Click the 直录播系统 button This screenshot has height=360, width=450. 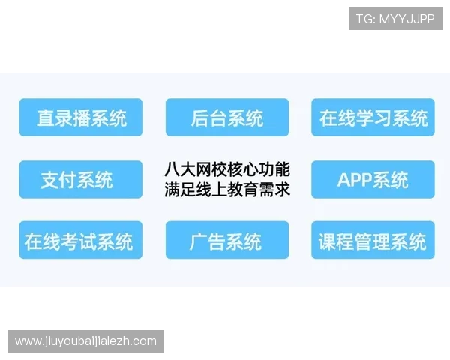[81, 118]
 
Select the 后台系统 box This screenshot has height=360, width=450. [227, 118]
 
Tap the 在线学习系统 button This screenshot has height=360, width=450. [373, 118]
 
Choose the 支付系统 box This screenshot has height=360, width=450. [81, 179]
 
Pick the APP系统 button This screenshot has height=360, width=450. [373, 179]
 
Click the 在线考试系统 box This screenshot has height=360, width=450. [81, 241]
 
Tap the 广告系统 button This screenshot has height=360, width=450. [227, 241]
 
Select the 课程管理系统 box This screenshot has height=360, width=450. [373, 241]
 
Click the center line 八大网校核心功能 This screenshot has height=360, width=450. [227, 169]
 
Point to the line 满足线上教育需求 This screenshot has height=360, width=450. [227, 190]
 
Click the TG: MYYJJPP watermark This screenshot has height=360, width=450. [395, 19]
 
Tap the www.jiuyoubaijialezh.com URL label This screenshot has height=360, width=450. [86, 341]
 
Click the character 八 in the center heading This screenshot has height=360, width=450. [172, 169]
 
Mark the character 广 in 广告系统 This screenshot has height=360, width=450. [198, 241]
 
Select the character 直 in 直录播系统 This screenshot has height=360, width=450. [46, 118]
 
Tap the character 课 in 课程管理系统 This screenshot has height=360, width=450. [328, 241]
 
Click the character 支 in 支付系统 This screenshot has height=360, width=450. [49, 180]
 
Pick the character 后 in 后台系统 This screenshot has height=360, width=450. [199, 118]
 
